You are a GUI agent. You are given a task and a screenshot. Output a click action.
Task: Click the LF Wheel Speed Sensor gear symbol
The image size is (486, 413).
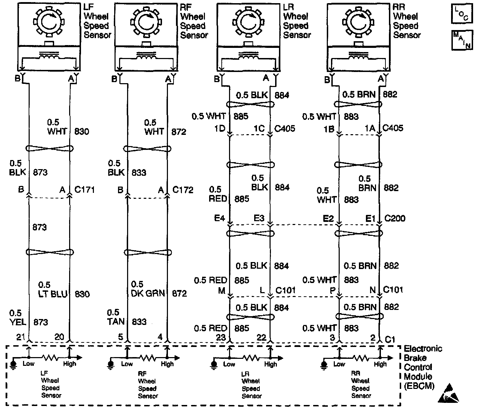(x=49, y=22)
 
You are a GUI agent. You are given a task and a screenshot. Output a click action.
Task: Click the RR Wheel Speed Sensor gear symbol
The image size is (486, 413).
(x=358, y=22)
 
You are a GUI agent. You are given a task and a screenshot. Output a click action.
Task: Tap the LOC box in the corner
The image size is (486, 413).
(x=462, y=14)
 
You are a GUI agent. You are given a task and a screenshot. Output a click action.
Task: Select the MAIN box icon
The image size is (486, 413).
(x=462, y=40)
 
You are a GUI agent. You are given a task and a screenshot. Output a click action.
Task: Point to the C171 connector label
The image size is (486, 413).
(x=85, y=190)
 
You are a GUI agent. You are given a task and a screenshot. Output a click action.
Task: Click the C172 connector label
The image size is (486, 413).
(x=183, y=190)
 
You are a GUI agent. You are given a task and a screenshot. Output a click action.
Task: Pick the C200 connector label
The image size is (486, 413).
(x=395, y=219)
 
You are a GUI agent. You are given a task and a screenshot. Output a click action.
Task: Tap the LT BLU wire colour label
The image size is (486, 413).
(x=53, y=294)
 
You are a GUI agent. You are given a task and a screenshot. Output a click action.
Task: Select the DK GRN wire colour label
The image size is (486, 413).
(x=148, y=293)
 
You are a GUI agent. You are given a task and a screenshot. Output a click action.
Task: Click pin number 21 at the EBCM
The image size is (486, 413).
(x=20, y=337)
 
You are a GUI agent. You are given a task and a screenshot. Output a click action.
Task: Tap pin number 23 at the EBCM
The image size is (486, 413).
(x=221, y=337)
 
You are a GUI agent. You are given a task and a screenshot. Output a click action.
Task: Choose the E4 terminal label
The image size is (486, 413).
(x=219, y=218)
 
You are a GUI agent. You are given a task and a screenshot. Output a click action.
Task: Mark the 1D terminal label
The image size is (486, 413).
(x=220, y=129)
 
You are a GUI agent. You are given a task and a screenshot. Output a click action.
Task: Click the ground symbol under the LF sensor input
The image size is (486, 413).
(x=14, y=364)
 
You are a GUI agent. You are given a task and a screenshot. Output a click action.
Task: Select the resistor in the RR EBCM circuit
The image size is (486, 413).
(x=360, y=358)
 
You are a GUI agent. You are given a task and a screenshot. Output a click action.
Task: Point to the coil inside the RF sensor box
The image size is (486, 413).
(x=146, y=56)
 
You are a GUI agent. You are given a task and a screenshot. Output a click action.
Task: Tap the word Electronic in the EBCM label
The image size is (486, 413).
(x=423, y=349)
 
